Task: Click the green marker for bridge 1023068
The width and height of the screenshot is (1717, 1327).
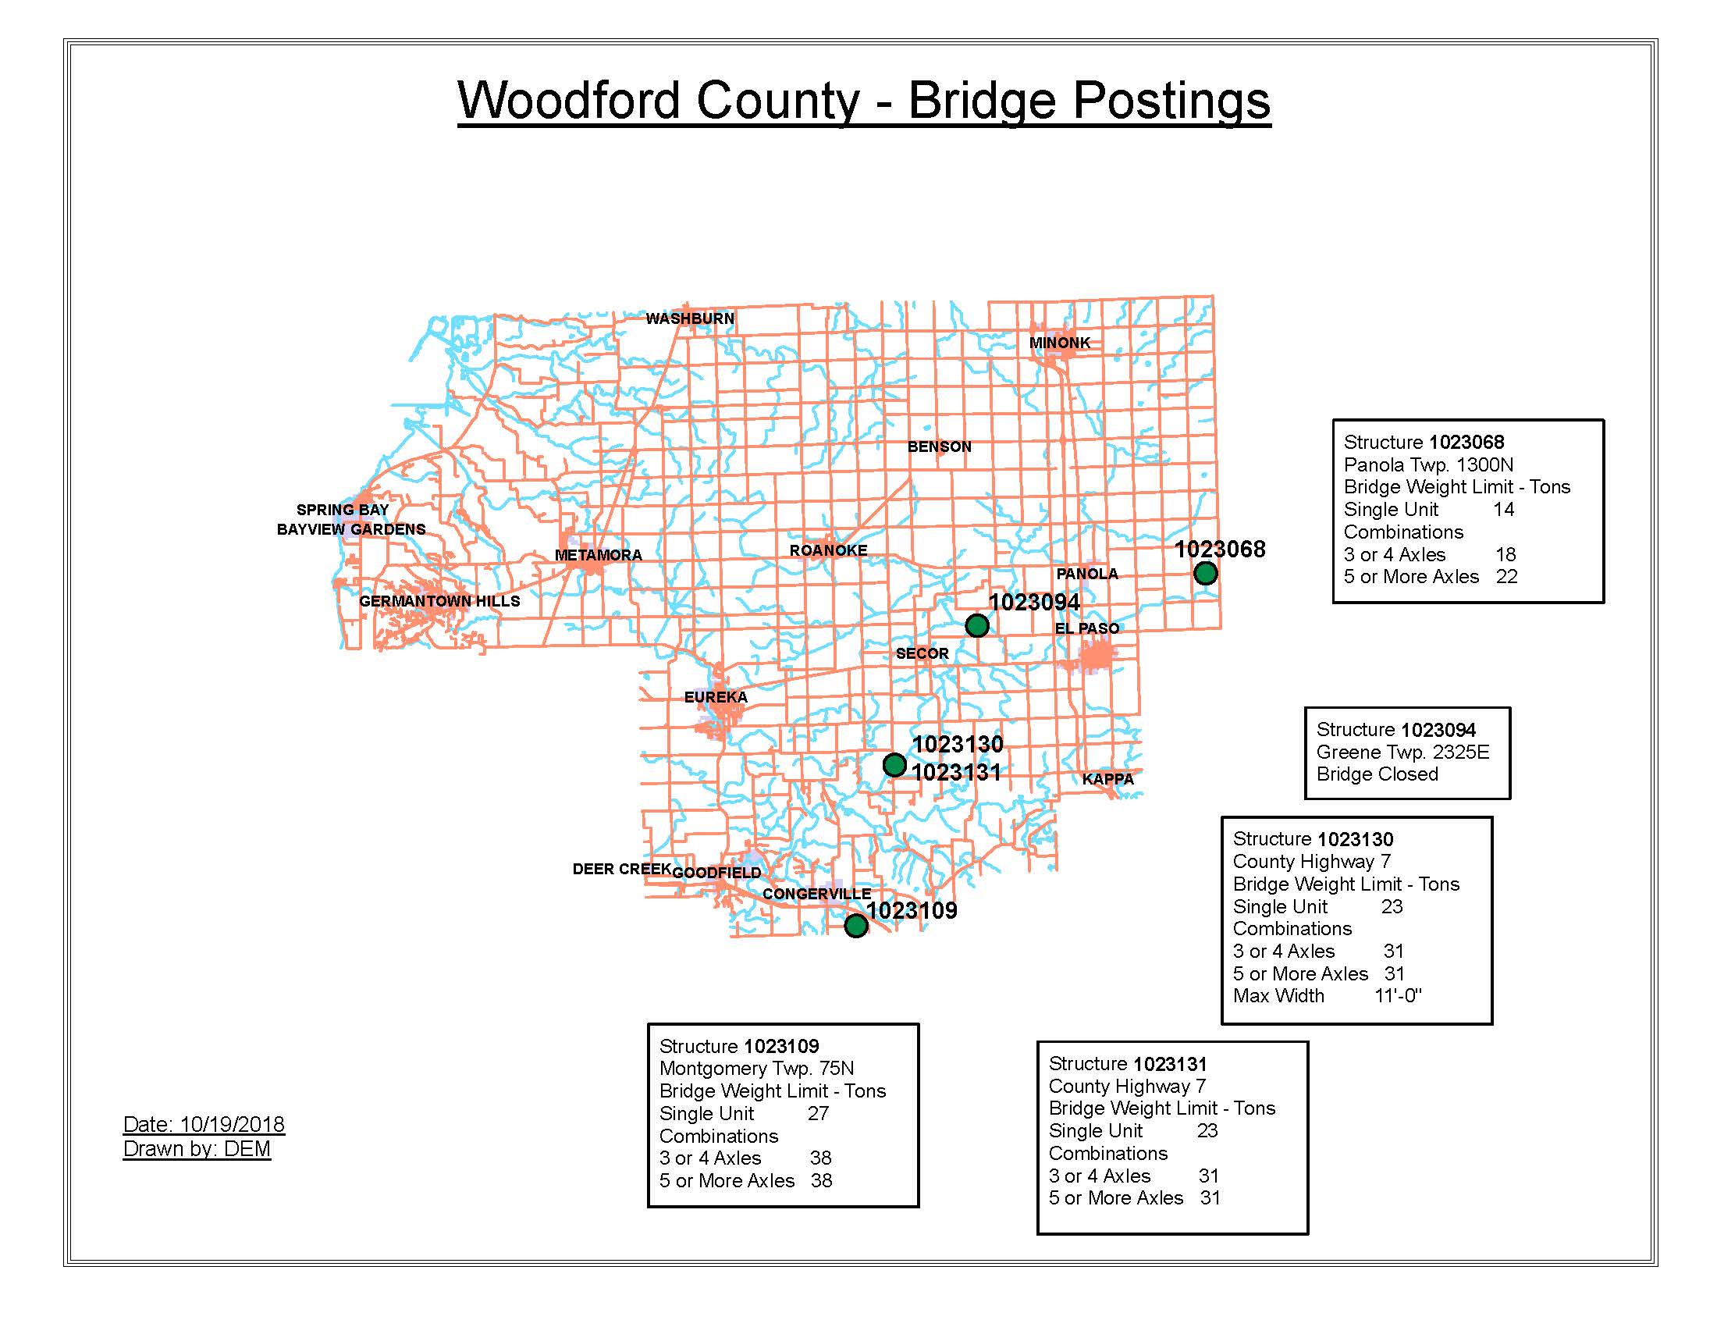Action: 1205,573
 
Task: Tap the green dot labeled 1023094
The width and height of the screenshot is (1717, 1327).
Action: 976,626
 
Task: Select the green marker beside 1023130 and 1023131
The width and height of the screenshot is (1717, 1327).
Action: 894,764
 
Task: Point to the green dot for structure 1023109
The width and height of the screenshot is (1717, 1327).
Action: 856,925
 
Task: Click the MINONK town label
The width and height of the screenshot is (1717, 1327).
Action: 1060,343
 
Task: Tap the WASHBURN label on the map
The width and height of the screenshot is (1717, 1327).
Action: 689,318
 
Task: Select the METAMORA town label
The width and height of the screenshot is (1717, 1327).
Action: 599,555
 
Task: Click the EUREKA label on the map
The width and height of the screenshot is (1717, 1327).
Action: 716,697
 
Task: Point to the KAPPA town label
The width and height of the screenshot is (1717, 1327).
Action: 1107,779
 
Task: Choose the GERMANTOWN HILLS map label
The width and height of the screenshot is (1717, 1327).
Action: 439,601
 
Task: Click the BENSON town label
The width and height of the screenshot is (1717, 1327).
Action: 940,446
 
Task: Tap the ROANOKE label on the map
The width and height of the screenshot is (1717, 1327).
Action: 829,550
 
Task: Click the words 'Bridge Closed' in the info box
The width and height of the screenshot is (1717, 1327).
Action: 1378,774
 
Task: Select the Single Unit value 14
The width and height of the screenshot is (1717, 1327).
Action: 1503,510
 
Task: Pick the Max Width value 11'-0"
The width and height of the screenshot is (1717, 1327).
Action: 1398,996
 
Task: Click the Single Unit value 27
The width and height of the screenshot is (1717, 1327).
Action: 818,1113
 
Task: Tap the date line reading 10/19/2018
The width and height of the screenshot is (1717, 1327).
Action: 204,1124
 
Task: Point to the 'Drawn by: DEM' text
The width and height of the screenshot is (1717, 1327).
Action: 197,1149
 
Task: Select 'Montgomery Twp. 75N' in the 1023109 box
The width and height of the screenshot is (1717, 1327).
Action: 756,1069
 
